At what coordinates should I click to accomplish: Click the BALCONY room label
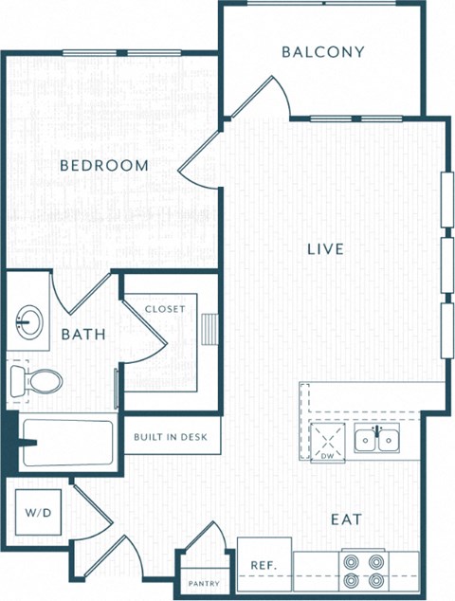point(322,52)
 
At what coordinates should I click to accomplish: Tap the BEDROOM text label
point(104,166)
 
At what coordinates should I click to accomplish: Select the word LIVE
point(325,249)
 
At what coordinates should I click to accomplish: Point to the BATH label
point(82,335)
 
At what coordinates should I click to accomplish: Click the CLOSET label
point(165,309)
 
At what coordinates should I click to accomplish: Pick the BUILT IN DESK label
point(172,437)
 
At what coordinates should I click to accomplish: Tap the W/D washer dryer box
point(39,513)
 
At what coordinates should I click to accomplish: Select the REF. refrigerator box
point(264,565)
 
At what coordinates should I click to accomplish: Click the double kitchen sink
point(376,439)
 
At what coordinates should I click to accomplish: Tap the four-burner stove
point(364,570)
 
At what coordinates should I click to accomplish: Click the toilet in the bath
point(37,381)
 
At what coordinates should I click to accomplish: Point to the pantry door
point(205,549)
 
